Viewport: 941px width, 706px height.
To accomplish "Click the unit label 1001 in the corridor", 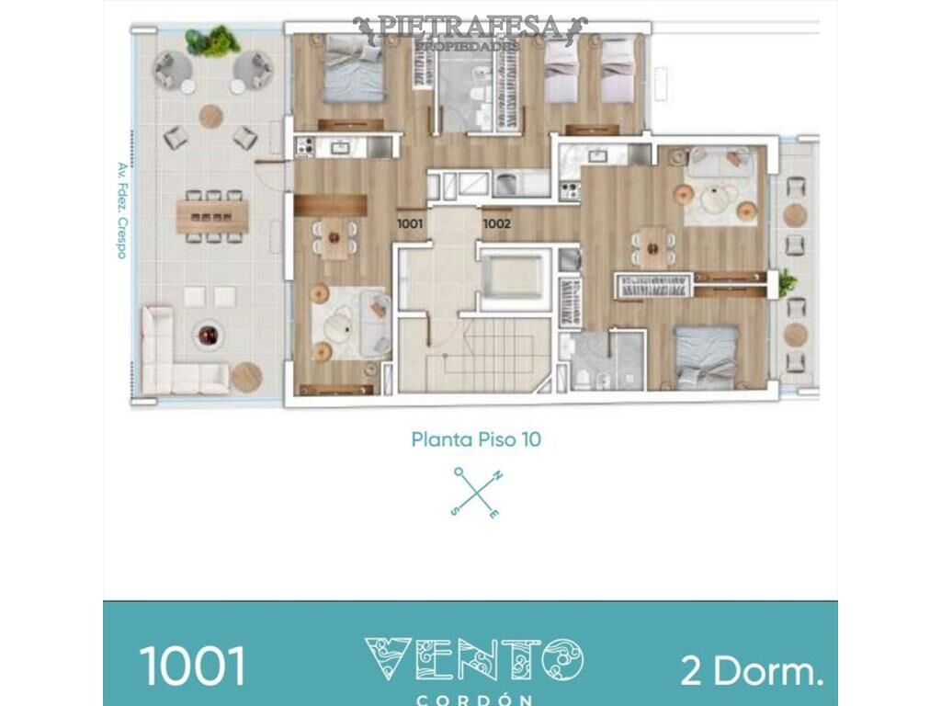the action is [410, 224].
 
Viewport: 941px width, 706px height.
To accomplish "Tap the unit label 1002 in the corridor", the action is [497, 224].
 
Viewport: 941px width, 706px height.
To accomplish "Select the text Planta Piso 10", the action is [476, 439].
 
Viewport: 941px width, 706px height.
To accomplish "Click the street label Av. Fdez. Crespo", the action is [122, 211].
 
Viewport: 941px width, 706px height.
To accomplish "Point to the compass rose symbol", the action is [477, 493].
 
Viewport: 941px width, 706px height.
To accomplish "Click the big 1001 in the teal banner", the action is [193, 666].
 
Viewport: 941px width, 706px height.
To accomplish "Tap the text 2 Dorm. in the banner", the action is [752, 670].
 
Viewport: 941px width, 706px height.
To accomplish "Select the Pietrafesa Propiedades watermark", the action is [470, 32].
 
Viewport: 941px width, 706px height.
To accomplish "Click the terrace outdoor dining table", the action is [212, 217].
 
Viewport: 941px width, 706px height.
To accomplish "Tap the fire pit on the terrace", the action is [209, 335].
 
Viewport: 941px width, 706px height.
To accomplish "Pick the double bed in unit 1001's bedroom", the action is [353, 69].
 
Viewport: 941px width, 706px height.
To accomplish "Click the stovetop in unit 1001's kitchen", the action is [305, 147].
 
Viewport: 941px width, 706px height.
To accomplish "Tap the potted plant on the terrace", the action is [211, 40].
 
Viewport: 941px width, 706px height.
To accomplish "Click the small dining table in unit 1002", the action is [653, 246].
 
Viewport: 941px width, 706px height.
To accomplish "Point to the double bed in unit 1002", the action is [706, 358].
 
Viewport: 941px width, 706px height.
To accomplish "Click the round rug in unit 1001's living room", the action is [340, 326].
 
